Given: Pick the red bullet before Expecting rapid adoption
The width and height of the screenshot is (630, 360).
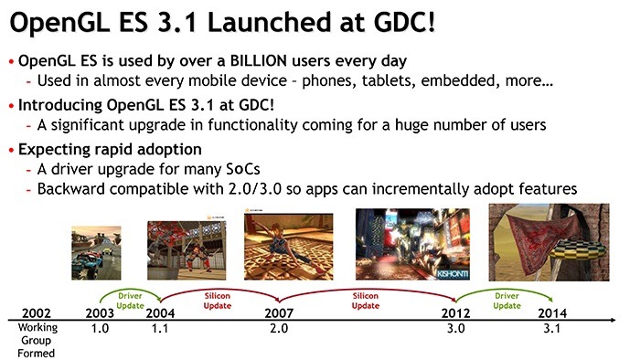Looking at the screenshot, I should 10,150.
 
